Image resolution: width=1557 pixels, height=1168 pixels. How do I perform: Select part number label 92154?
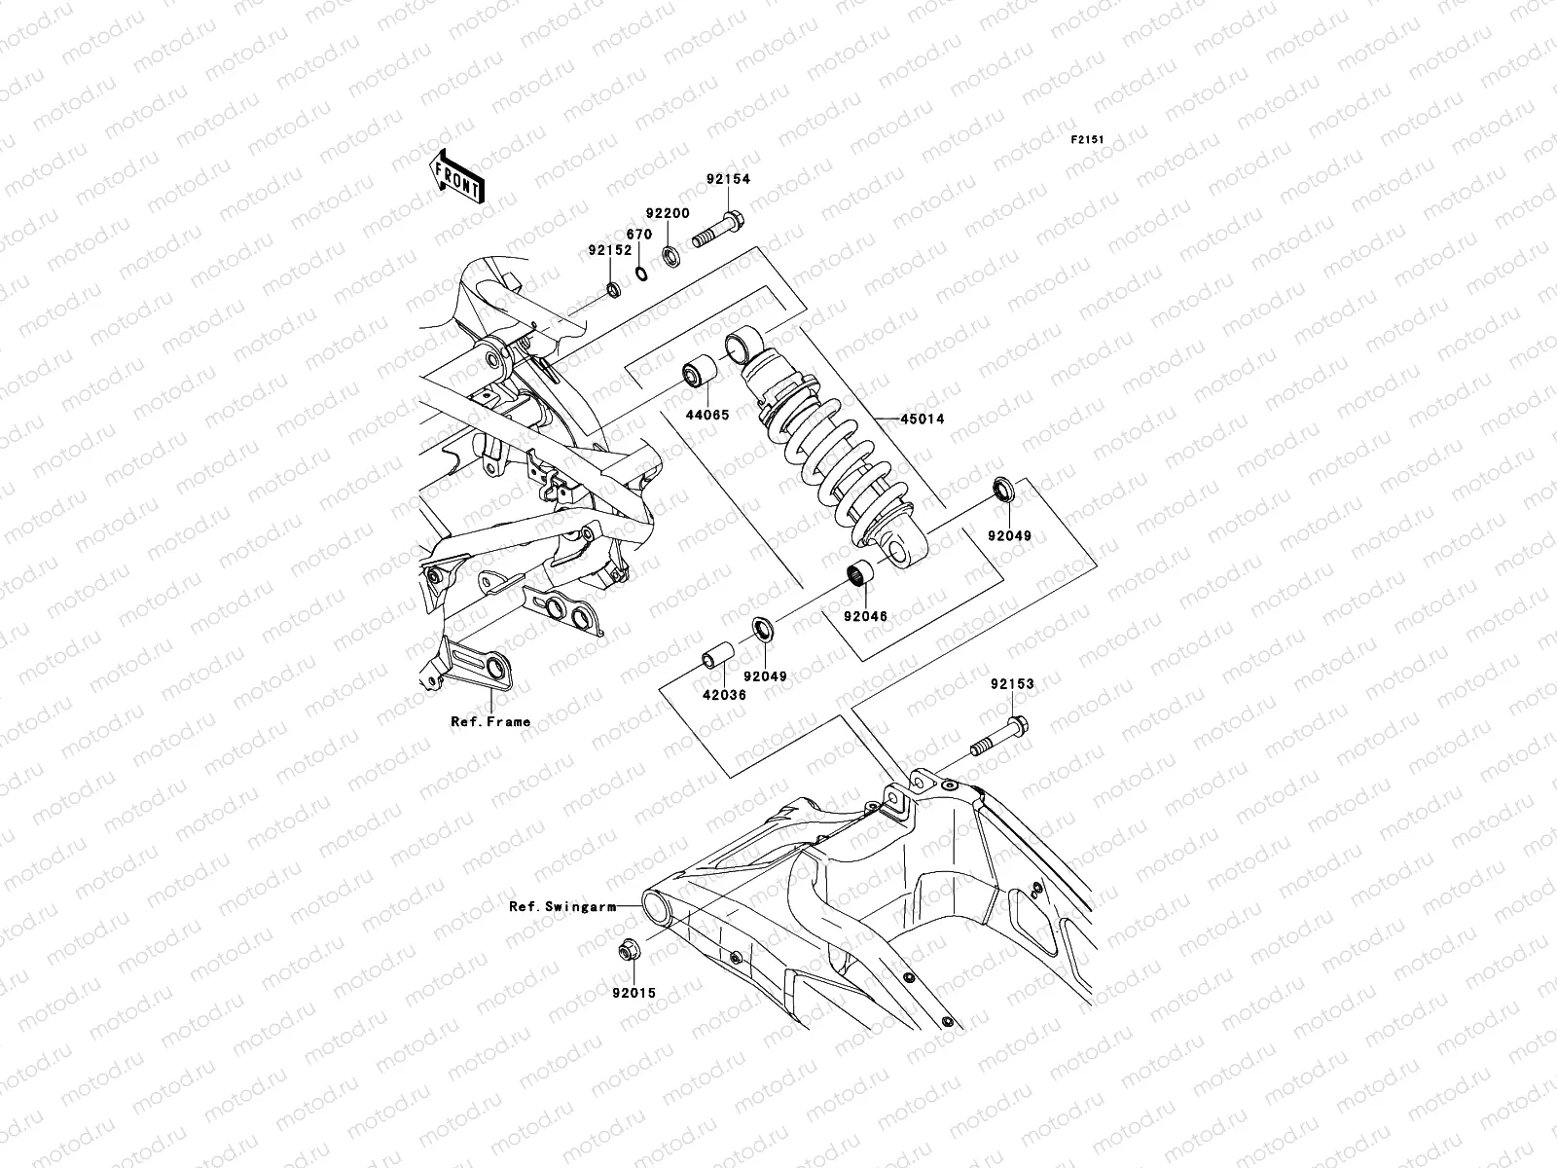click(755, 180)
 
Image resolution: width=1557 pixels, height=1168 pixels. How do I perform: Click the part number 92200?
click(670, 213)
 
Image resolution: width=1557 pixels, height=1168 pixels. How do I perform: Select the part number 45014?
click(923, 420)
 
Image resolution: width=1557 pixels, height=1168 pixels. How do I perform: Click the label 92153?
click(1013, 685)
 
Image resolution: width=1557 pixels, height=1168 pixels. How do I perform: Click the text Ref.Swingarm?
click(562, 906)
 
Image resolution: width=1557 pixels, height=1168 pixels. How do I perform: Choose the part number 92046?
click(865, 616)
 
